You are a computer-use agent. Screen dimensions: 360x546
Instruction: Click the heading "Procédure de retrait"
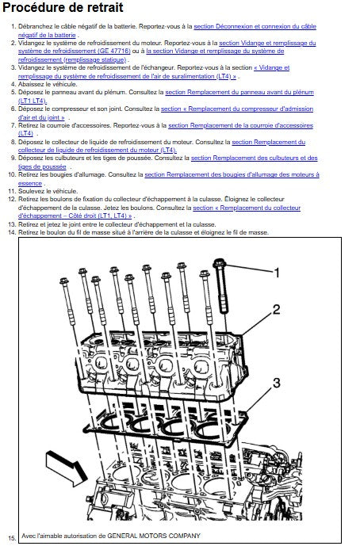(63, 8)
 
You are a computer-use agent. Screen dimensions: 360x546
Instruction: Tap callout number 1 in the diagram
(277, 273)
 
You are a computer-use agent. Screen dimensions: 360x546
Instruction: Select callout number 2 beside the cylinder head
(277, 309)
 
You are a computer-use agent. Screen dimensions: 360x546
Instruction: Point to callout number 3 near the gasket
(276, 383)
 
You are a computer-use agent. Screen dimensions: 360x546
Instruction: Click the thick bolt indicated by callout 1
(222, 284)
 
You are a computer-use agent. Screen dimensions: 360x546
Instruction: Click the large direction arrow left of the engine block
(67, 468)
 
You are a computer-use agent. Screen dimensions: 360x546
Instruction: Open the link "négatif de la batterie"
(47, 35)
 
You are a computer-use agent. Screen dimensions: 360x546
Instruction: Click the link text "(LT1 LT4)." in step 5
(33, 101)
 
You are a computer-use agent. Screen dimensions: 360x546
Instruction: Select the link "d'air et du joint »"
(41, 117)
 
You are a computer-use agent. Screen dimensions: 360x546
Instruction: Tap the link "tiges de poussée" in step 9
(42, 166)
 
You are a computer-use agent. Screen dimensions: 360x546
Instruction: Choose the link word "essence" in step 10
(30, 183)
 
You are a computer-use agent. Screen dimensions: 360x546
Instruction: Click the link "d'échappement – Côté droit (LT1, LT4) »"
(75, 216)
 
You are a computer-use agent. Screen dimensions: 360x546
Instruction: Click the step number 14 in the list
(12, 232)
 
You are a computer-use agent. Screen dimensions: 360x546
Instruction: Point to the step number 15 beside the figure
(12, 538)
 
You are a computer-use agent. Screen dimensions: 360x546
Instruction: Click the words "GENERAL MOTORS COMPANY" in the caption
(154, 536)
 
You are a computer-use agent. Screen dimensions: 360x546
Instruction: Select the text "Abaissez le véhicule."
(48, 84)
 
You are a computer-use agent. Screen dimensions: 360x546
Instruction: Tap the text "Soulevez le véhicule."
(48, 191)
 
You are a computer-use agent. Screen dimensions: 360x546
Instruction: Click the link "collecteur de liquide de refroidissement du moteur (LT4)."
(98, 150)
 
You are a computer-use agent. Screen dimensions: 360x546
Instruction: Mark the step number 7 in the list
(13, 125)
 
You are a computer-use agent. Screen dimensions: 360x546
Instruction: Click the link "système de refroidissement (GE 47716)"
(75, 52)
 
